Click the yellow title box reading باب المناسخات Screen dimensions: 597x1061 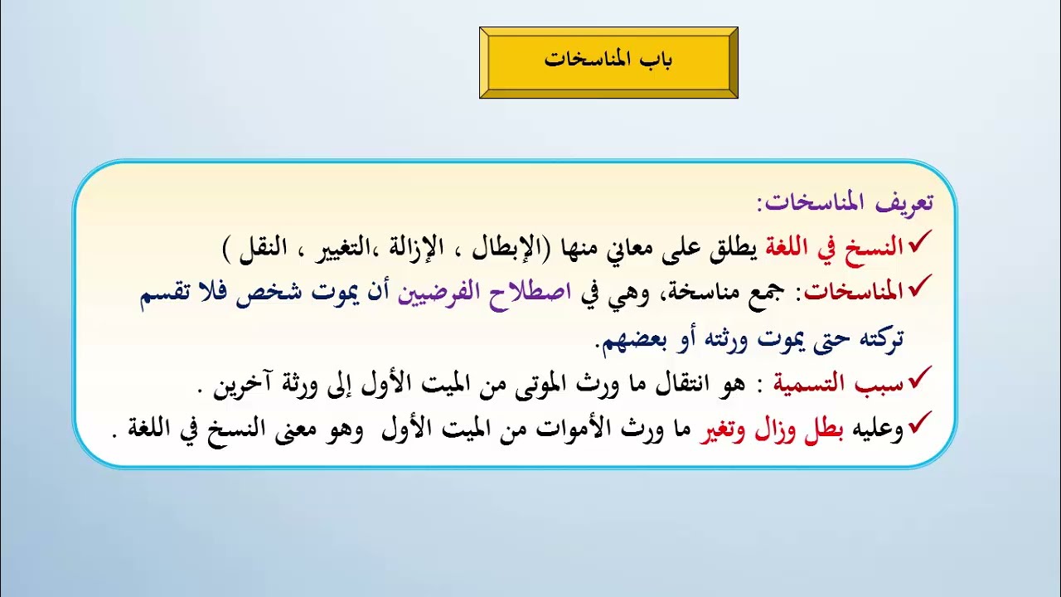tap(608, 62)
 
